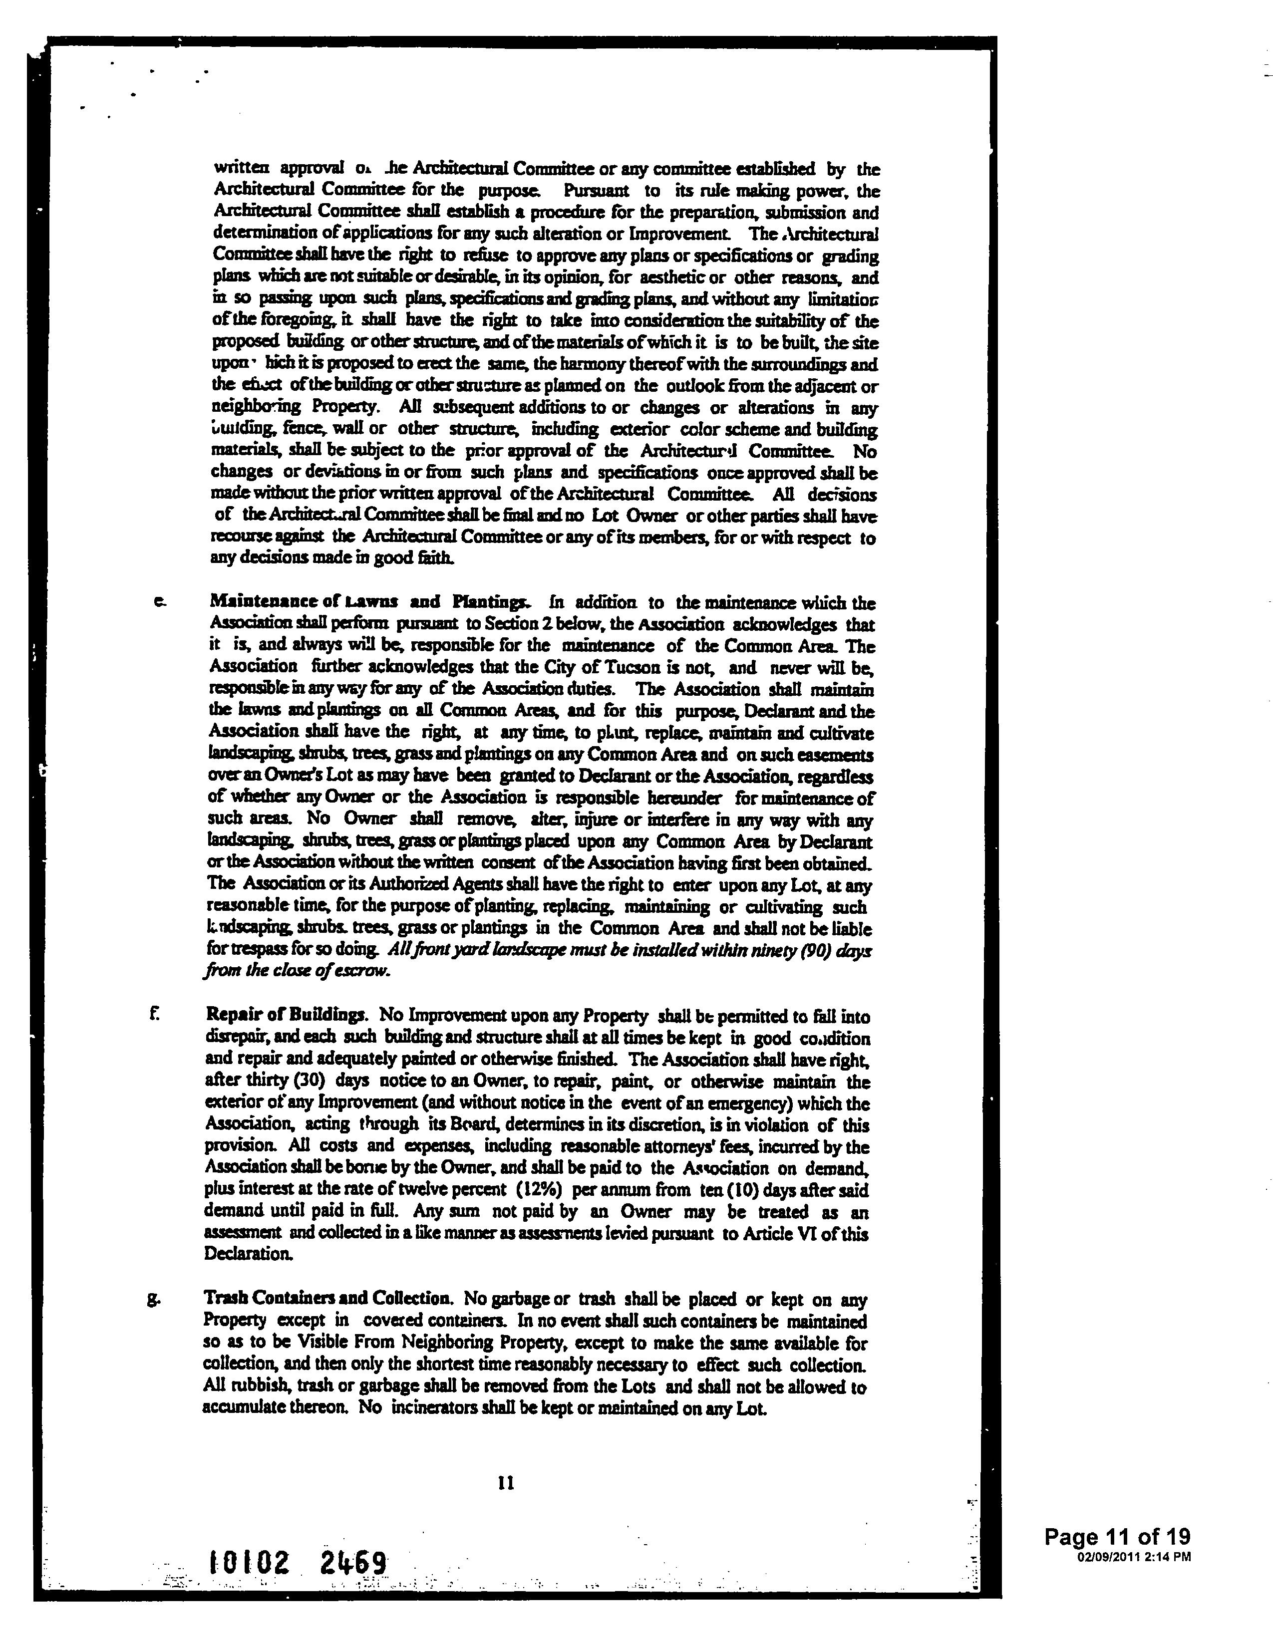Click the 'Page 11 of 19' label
[1117, 1536]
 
